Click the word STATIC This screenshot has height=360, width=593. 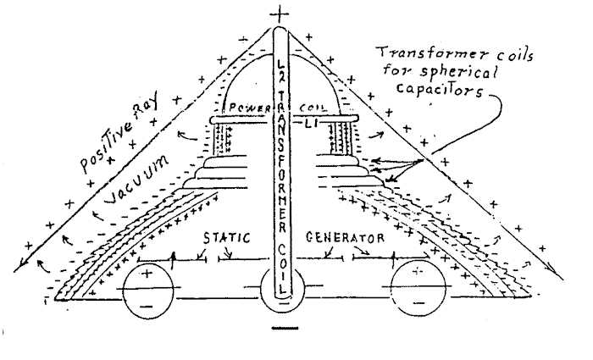point(225,238)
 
